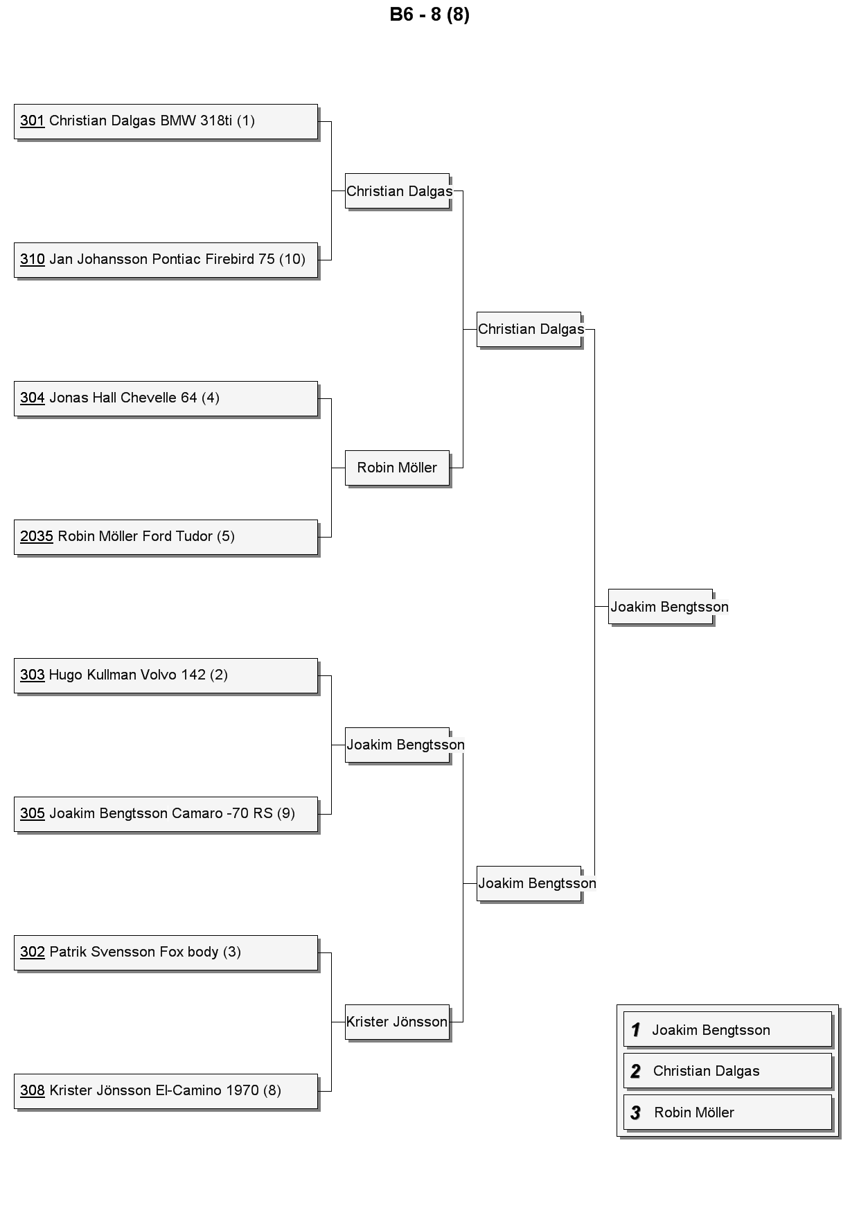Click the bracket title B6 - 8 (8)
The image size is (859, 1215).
coord(429,15)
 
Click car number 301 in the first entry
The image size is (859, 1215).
coord(33,121)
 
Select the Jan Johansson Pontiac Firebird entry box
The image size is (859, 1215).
coord(166,260)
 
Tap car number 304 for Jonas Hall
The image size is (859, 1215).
coord(33,398)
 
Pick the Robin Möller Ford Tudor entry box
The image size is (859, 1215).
coord(166,537)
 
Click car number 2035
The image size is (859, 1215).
coord(37,536)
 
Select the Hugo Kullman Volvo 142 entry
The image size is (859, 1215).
coord(166,675)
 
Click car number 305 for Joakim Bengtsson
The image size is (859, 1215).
coord(33,813)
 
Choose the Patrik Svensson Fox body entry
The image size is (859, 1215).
coord(166,952)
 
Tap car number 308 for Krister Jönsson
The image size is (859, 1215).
coord(33,1090)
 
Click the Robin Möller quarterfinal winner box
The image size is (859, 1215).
coord(397,468)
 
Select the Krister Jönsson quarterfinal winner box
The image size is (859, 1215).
coord(397,1022)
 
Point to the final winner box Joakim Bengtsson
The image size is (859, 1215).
coord(661,607)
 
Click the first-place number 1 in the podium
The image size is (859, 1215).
coord(635,1030)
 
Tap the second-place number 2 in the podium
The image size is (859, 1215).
coord(635,1071)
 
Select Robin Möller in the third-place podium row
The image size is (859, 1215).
coord(694,1112)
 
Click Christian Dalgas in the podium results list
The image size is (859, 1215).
coord(706,1071)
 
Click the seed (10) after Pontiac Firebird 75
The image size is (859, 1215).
coord(292,259)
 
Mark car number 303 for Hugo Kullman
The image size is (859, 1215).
coord(33,675)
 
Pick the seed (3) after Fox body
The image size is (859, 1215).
coord(232,952)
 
